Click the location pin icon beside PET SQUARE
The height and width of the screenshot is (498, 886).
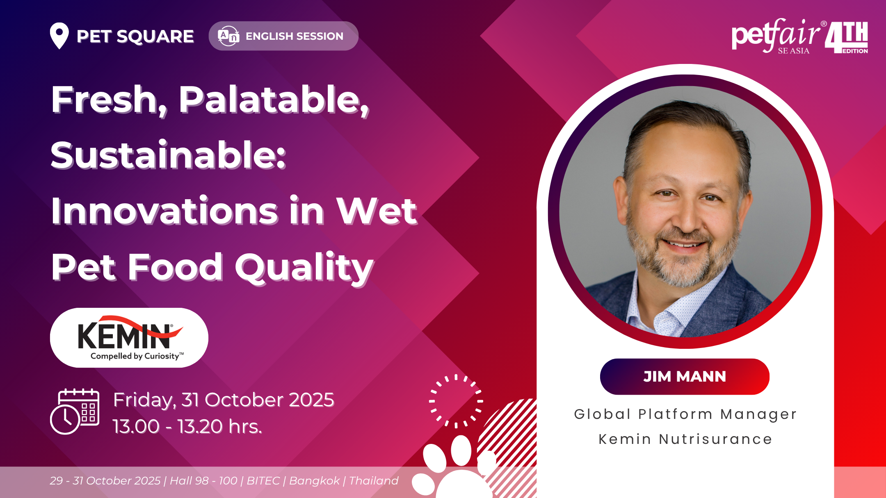tap(59, 36)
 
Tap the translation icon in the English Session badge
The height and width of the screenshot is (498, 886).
tap(228, 36)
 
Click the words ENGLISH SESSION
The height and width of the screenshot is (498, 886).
tap(295, 36)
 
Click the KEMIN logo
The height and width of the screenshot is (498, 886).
tap(129, 338)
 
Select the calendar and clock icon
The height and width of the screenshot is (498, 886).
tap(75, 411)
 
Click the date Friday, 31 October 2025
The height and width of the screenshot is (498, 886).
tap(224, 400)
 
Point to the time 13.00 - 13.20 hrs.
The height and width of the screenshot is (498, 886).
tap(187, 426)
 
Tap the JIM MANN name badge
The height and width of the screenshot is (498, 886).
tap(685, 377)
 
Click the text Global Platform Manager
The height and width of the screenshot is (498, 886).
tap(685, 414)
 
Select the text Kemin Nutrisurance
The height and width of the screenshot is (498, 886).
tap(685, 439)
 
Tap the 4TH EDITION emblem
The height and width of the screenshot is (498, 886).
tap(847, 37)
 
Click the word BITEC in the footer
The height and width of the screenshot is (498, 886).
tap(263, 480)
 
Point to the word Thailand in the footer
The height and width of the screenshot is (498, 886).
tap(374, 480)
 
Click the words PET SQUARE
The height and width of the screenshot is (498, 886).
tap(135, 36)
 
